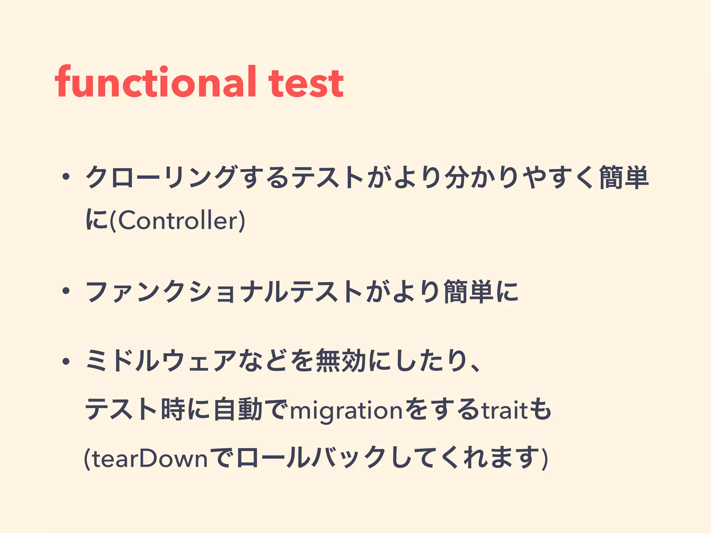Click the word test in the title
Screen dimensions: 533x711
[306, 83]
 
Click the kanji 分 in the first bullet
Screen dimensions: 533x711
[458, 178]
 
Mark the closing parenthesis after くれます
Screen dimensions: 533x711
[545, 459]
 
